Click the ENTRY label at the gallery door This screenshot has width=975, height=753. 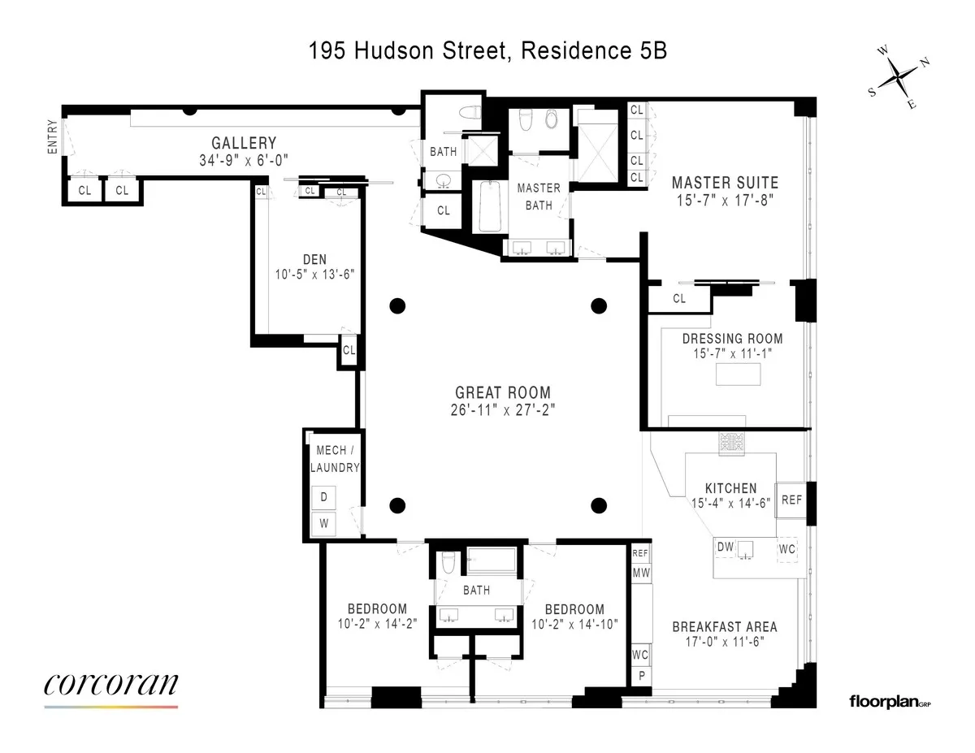coord(53,137)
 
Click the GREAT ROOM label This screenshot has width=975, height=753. coord(502,392)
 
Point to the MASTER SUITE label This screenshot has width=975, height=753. coord(725,183)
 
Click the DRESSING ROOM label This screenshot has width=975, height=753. coord(732,339)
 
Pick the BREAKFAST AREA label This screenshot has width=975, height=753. coord(724,626)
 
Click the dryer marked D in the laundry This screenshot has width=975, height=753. coord(323,496)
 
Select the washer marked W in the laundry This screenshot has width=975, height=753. coord(323,524)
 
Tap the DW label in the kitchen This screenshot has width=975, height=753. coord(726,548)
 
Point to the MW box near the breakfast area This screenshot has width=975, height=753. coord(640,573)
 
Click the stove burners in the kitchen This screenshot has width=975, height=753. coord(730,443)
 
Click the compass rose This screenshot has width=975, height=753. coord(898,78)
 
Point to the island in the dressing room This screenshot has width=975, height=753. coord(739,374)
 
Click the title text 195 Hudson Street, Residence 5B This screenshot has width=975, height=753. coord(487,51)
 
